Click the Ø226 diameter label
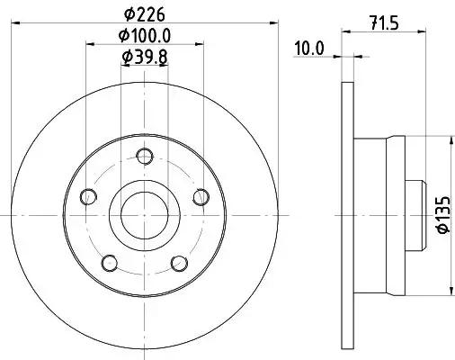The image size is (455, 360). pyautogui.click(x=145, y=14)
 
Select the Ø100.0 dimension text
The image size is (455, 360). pyautogui.click(x=145, y=36)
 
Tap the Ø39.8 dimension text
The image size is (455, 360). pyautogui.click(x=145, y=57)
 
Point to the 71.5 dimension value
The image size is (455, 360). pyautogui.click(x=384, y=23)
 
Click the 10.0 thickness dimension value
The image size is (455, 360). pyautogui.click(x=309, y=49)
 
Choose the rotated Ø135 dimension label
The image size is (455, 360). pyautogui.click(x=443, y=214)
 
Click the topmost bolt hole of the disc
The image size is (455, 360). pyautogui.click(x=145, y=157)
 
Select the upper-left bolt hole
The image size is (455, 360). pyautogui.click(x=88, y=197)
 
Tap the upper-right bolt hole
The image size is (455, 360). pyautogui.click(x=201, y=197)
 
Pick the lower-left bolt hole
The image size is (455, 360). pyautogui.click(x=110, y=263)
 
